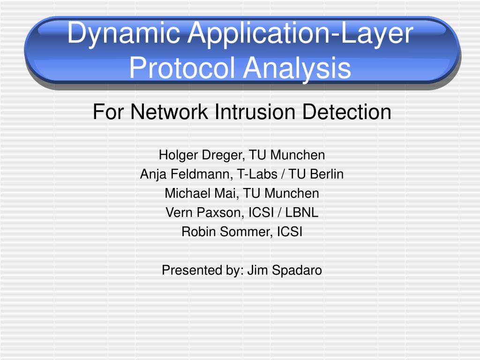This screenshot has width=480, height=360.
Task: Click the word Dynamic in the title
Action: point(123,34)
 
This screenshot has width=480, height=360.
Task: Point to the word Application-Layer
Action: point(300,34)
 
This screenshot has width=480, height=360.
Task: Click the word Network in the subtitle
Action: point(169,112)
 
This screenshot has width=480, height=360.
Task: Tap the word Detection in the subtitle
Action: point(347,112)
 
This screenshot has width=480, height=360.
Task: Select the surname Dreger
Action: point(223,155)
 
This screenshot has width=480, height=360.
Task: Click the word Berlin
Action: point(327,174)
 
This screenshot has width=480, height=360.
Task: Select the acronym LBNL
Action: point(301,212)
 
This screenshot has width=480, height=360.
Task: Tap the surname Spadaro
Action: point(297,270)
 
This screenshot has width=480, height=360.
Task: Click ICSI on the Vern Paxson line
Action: point(261,212)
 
